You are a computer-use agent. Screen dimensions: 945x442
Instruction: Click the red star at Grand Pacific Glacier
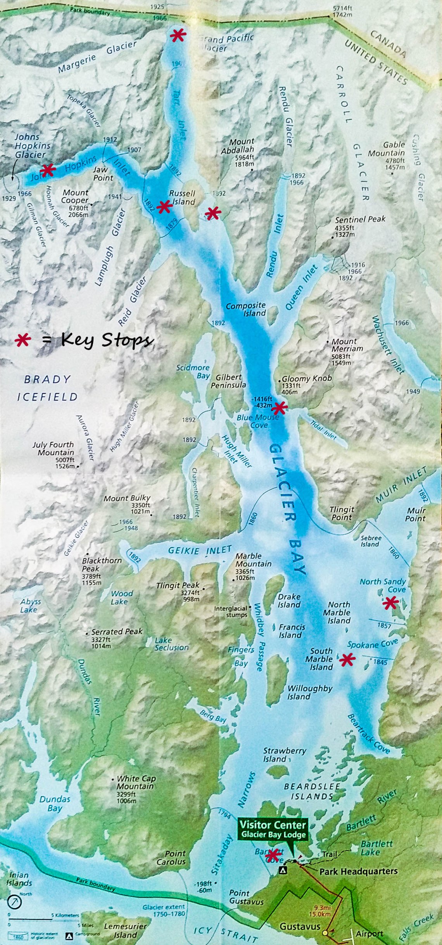[x=178, y=36]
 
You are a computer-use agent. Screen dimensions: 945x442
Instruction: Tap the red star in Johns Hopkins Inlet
[x=48, y=170]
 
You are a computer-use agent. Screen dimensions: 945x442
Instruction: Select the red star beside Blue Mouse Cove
[x=279, y=408]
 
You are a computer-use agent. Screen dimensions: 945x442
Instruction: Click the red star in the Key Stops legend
[x=23, y=340]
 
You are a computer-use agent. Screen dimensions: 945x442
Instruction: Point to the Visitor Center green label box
[x=273, y=829]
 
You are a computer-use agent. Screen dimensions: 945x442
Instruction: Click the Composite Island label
[x=246, y=309]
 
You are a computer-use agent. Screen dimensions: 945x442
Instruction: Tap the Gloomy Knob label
[x=306, y=378]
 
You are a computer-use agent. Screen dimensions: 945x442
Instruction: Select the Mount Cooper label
[x=75, y=197]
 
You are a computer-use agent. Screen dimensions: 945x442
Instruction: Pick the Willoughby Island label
[x=309, y=692]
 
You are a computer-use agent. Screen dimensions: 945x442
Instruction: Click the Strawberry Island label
[x=284, y=755]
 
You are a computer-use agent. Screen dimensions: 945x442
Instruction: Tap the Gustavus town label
[x=300, y=926]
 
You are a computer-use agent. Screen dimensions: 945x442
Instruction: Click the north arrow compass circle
[x=14, y=902]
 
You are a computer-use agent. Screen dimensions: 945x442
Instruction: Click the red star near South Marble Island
[x=347, y=659]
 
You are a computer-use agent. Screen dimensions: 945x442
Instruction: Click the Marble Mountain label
[x=253, y=560]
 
